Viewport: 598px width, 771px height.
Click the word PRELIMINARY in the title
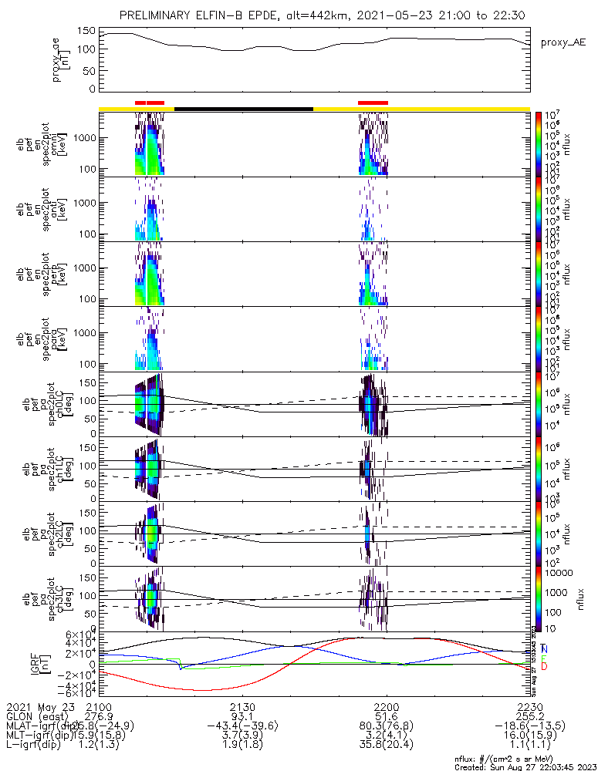157,15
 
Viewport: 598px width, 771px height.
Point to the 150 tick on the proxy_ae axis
86,32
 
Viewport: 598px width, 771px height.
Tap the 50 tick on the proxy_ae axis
90,70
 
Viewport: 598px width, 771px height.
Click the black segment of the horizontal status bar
244,109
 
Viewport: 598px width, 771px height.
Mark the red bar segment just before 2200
373,102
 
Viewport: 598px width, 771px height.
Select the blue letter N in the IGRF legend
545,648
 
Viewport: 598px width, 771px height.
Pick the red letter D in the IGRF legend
545,666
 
